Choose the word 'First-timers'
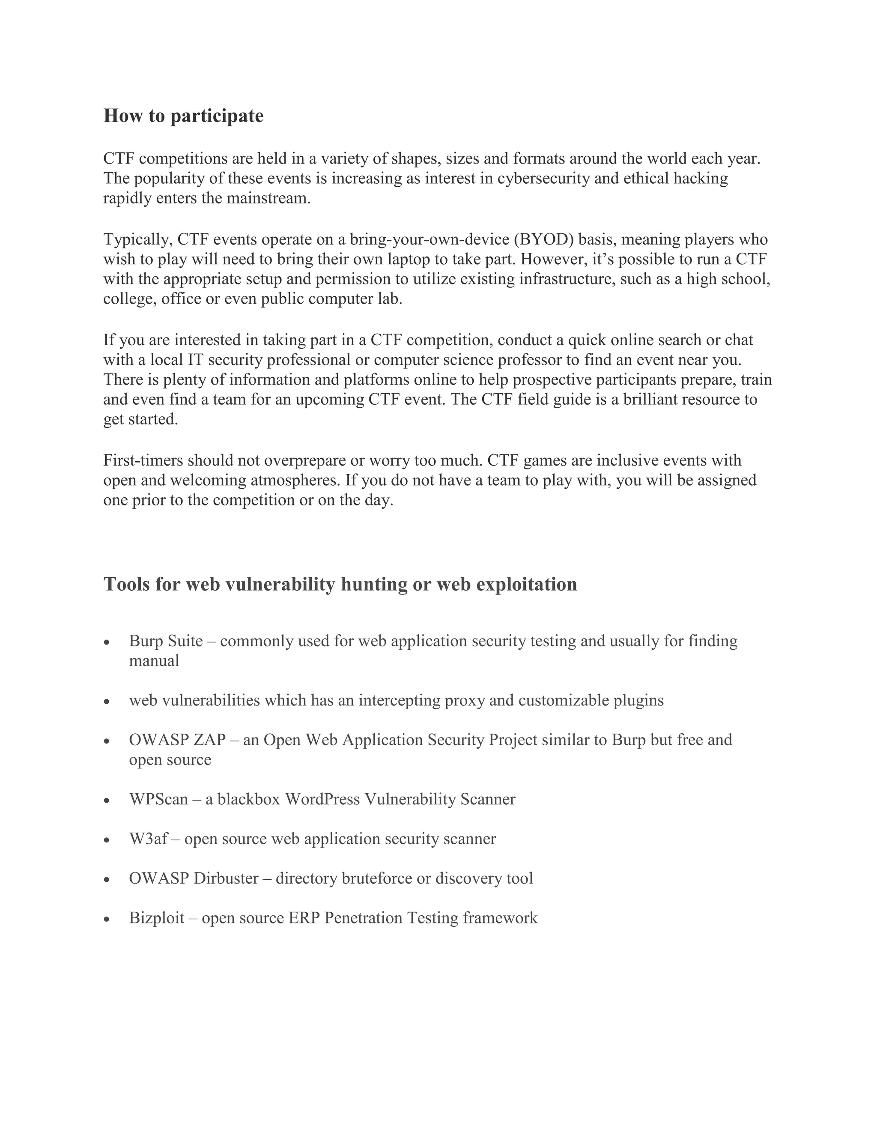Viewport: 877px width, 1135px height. [x=143, y=460]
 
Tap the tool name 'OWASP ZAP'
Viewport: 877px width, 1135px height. [x=177, y=740]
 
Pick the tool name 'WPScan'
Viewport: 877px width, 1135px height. [x=158, y=799]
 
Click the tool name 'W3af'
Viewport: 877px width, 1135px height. [x=148, y=839]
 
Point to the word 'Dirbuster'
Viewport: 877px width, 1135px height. [x=226, y=878]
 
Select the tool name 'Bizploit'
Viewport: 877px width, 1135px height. [x=156, y=918]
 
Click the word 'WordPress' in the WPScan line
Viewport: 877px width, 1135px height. [x=322, y=799]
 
